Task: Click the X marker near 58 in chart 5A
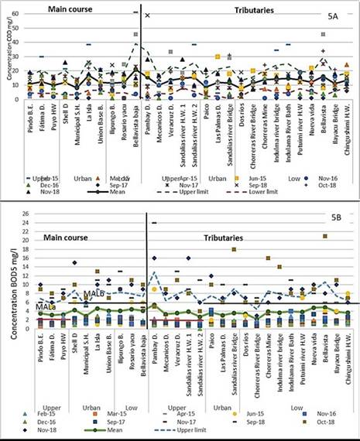pyautogui.click(x=147, y=15)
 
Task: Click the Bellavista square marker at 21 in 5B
pyautogui.click(x=325, y=236)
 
